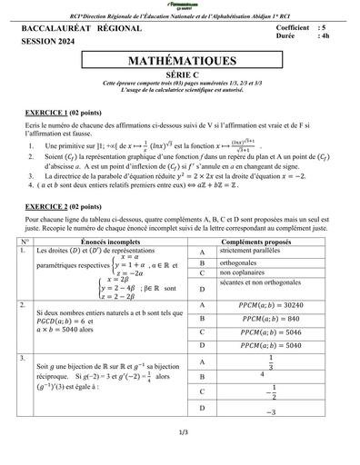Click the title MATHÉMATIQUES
pyautogui.click(x=180, y=60)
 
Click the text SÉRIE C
pyautogui.click(x=180, y=76)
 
